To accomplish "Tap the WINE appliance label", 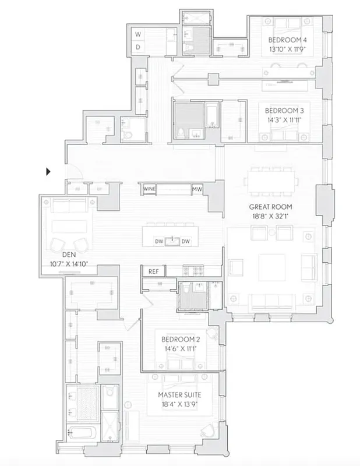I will (149, 189).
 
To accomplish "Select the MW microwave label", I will (198, 189).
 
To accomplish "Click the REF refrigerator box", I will (153, 271).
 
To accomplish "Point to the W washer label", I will (139, 34).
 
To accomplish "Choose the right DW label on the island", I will (185, 241).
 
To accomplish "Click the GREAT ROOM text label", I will (270, 207).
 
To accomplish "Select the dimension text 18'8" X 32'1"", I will (270, 216).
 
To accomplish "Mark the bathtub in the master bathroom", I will (80, 433).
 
